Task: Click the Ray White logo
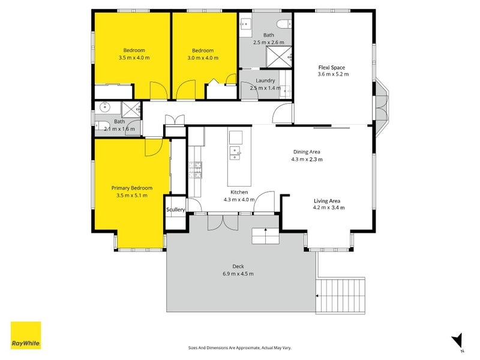26,335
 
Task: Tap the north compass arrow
457,340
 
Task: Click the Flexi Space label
332,67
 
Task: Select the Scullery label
175,209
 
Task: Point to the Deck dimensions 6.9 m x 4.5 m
238,274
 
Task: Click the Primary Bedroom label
131,188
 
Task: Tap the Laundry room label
265,80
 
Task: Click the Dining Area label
307,152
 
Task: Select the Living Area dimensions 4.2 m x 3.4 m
329,208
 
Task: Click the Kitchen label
239,192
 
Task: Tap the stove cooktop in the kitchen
196,170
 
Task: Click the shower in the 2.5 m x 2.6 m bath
278,56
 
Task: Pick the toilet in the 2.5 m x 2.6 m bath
284,23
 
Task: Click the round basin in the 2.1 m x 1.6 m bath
104,107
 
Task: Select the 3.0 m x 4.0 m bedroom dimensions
203,58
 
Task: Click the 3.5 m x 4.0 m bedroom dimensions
134,58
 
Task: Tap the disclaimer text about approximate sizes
239,348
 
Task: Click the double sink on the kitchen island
235,153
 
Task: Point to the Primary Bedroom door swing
154,147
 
